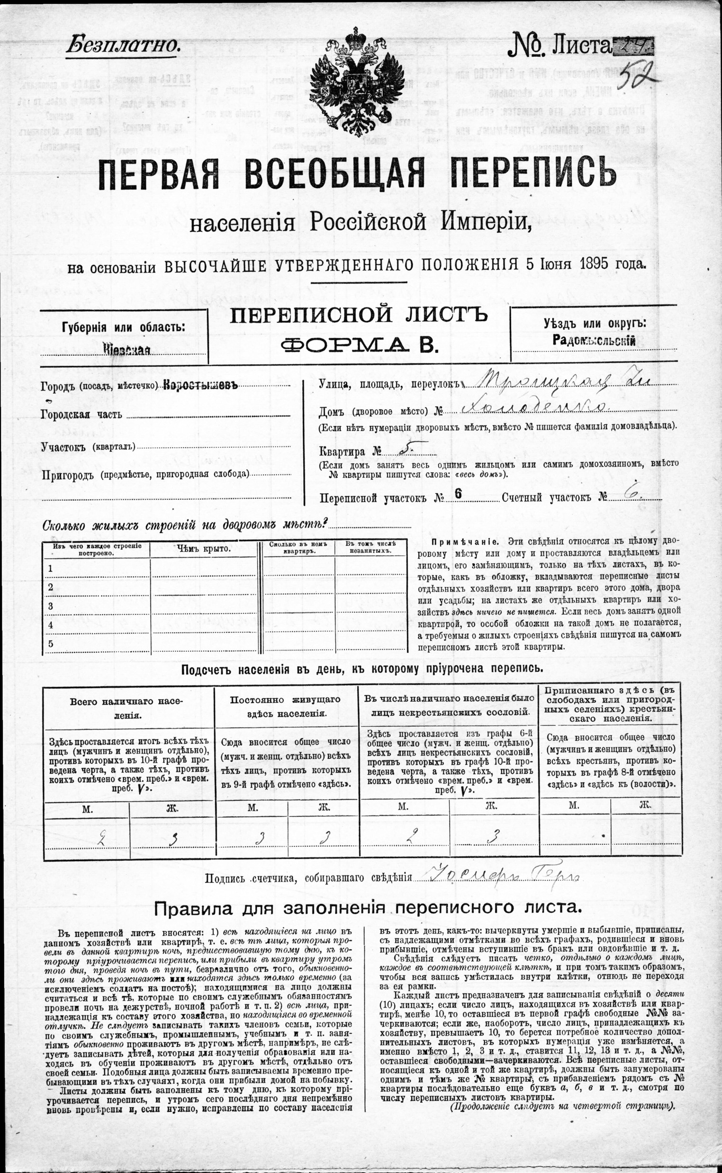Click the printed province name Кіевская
[126, 350]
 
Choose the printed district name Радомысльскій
[594, 340]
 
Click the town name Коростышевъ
[200, 385]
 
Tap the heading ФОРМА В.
[359, 344]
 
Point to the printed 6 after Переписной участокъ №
[458, 495]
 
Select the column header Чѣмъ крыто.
[204, 549]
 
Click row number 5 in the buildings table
[51, 643]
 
